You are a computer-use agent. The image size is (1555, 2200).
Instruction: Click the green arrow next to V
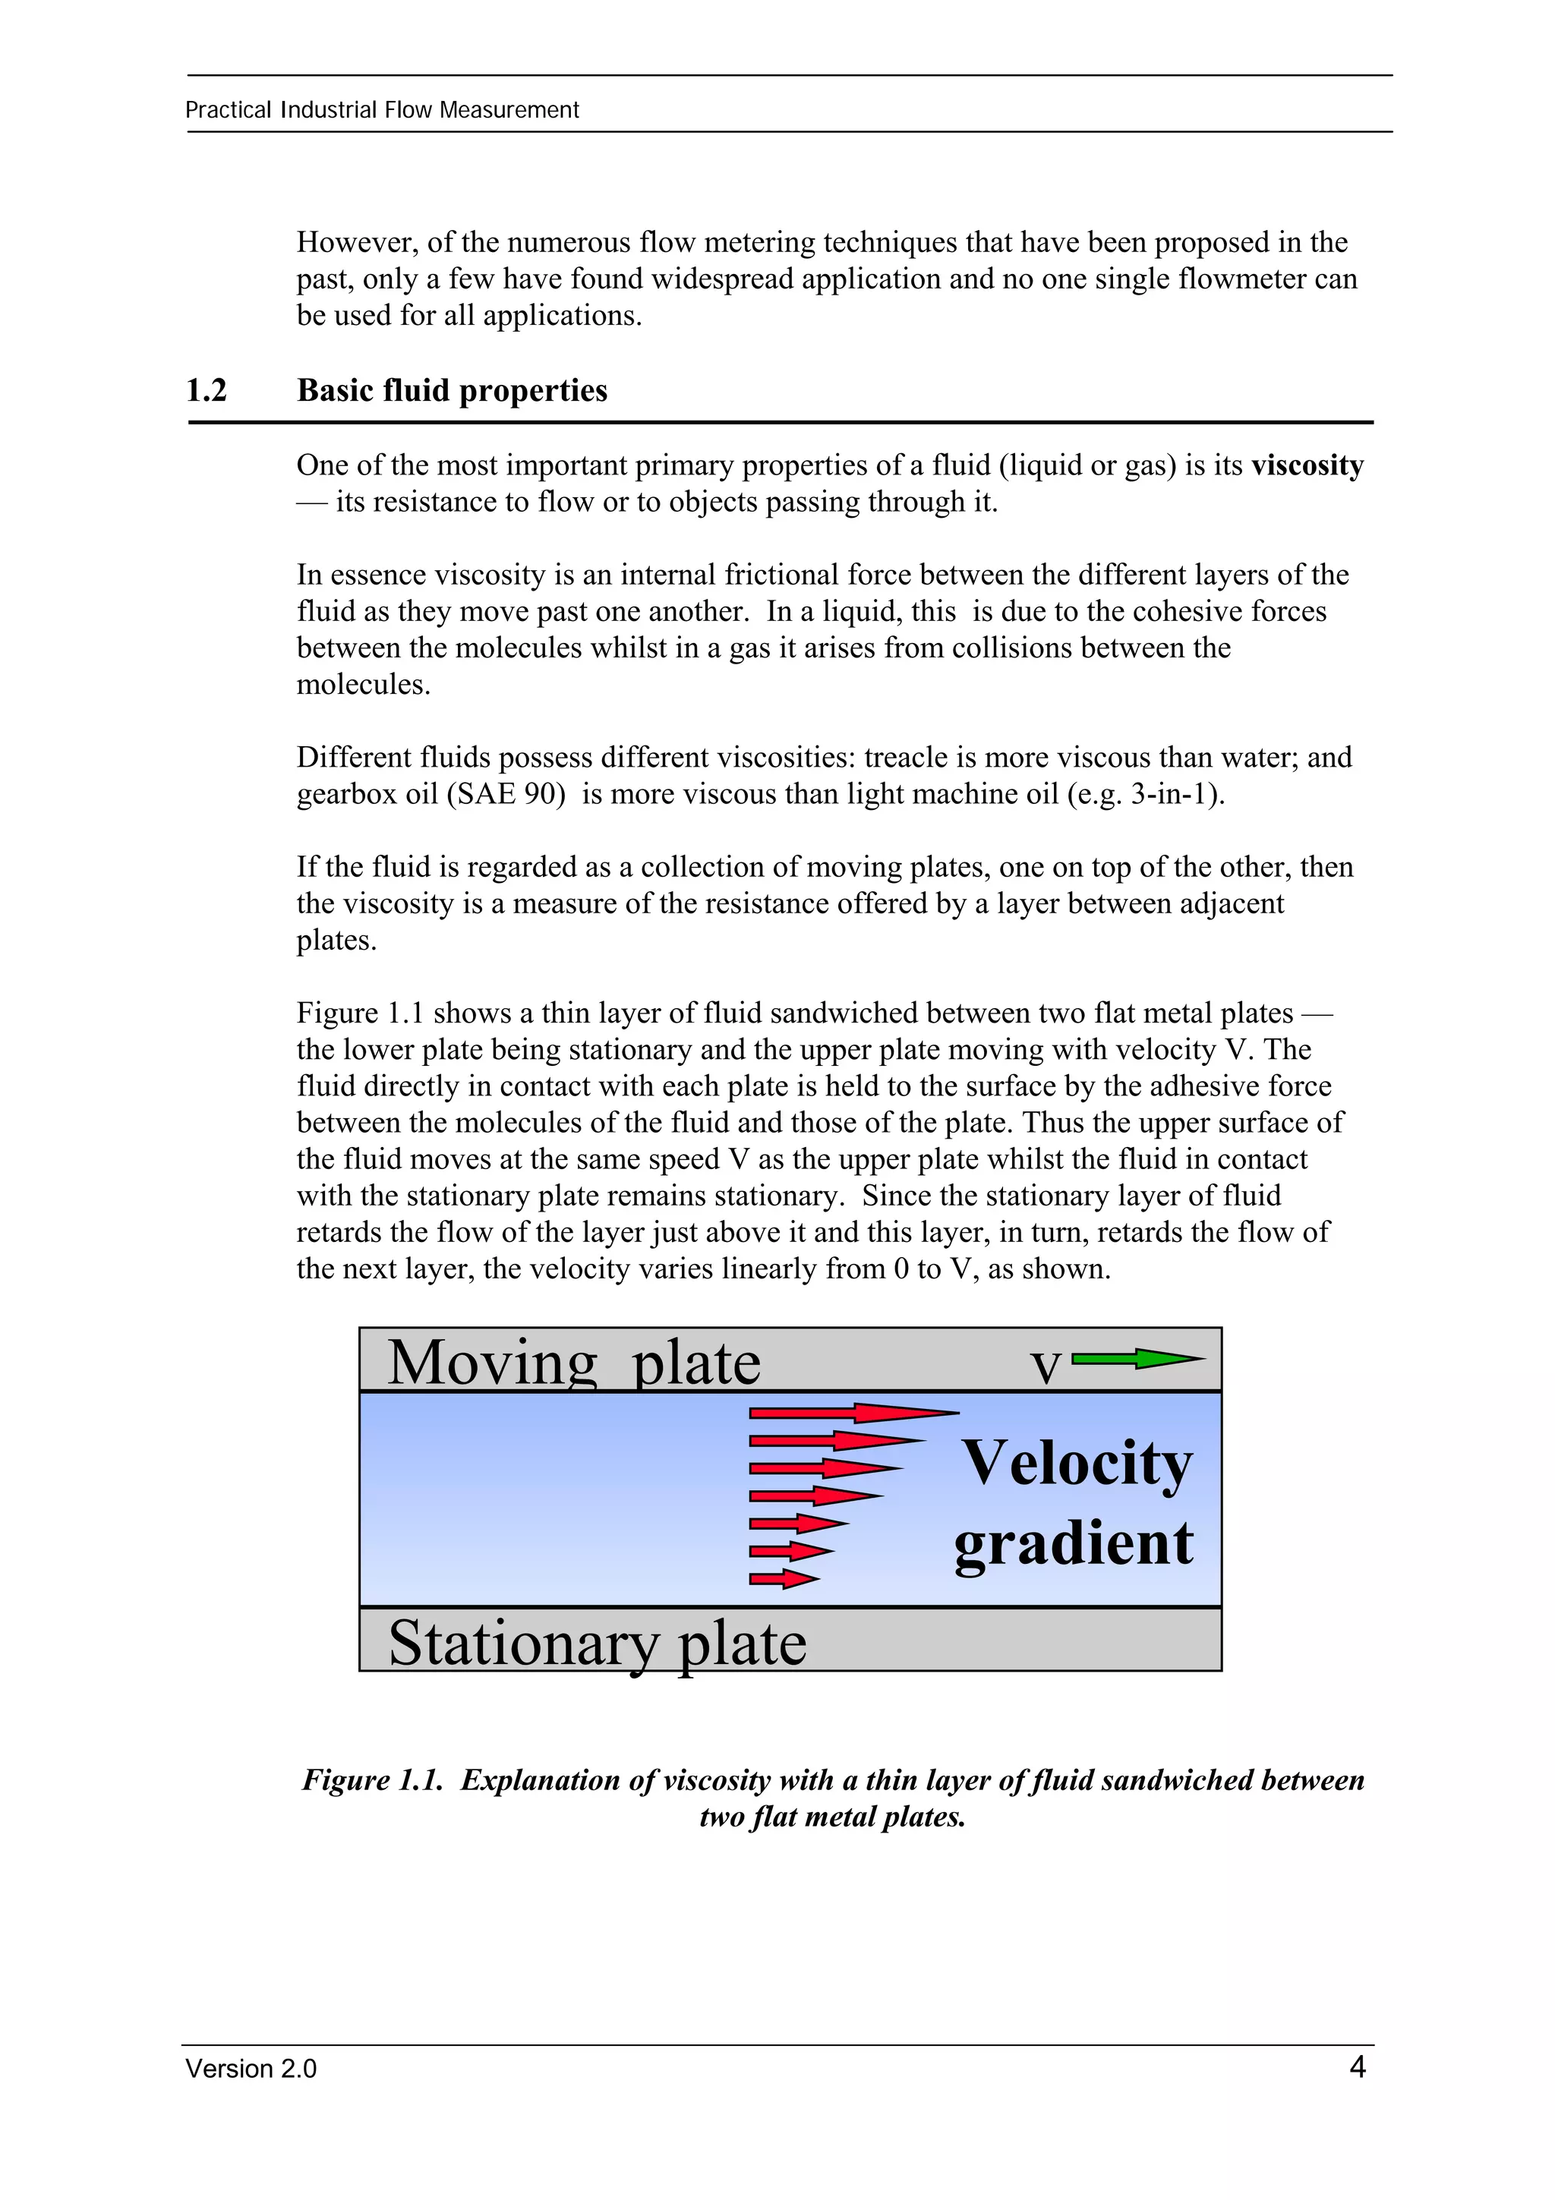point(1137,1358)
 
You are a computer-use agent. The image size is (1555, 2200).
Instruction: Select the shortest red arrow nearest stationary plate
point(783,1579)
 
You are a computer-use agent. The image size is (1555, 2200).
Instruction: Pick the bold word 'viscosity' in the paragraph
point(1307,465)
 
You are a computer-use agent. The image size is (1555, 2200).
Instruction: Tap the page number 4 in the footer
point(1357,2067)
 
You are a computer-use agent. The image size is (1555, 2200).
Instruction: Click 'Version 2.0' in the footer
point(251,2069)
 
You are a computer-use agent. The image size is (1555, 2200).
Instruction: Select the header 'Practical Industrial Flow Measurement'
point(381,110)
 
